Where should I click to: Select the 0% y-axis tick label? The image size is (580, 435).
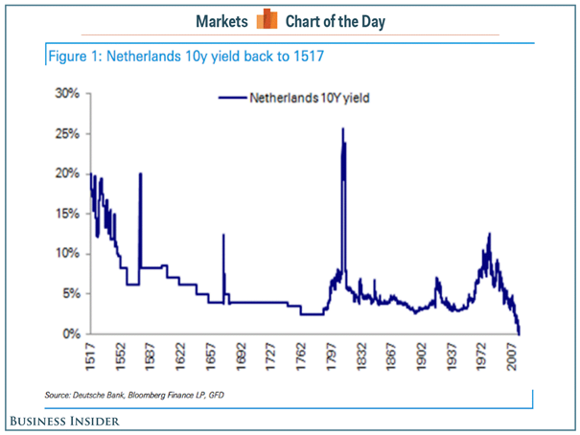coord(69,333)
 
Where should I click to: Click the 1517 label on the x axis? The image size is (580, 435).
coord(91,357)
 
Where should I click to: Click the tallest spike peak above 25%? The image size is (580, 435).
coord(343,129)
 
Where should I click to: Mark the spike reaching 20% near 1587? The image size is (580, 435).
coord(141,174)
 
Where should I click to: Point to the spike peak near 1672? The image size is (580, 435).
coord(223,235)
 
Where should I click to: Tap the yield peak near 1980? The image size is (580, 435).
coord(490,234)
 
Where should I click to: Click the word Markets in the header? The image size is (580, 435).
coord(222,21)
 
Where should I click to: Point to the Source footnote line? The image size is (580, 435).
coord(140,395)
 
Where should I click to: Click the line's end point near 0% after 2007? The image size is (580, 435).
coord(520,333)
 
